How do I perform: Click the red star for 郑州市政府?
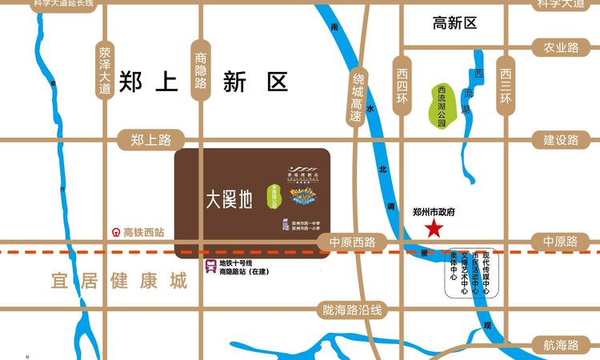[x=434, y=230]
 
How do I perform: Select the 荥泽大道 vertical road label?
[x=105, y=70]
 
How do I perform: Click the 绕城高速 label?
[x=357, y=97]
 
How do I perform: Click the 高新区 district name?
[x=454, y=24]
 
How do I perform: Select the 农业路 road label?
[x=561, y=48]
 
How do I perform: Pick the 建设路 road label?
[x=561, y=140]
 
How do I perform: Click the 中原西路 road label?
[x=346, y=242]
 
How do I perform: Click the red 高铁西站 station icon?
[x=116, y=233]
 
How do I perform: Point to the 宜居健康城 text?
[x=107, y=282]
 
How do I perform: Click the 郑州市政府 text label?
[x=433, y=212]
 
